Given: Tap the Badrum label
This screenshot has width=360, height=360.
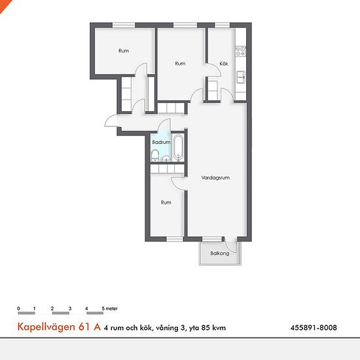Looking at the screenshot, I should point(161,142).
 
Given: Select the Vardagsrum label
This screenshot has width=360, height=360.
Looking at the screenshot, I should point(215,177).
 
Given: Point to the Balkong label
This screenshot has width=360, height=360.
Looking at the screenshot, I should point(220,253).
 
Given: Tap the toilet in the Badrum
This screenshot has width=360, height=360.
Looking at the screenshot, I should point(154,154).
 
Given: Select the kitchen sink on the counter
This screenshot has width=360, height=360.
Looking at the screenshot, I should point(241,77).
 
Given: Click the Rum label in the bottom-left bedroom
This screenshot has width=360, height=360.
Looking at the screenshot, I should point(166,203).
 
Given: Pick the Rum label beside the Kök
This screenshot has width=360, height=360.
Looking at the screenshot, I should point(180,63).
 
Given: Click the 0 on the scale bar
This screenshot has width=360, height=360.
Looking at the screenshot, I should point(19,308).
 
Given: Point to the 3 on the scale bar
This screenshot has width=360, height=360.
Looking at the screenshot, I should point(69,308).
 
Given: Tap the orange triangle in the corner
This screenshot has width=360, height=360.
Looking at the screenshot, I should point(4,4).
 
